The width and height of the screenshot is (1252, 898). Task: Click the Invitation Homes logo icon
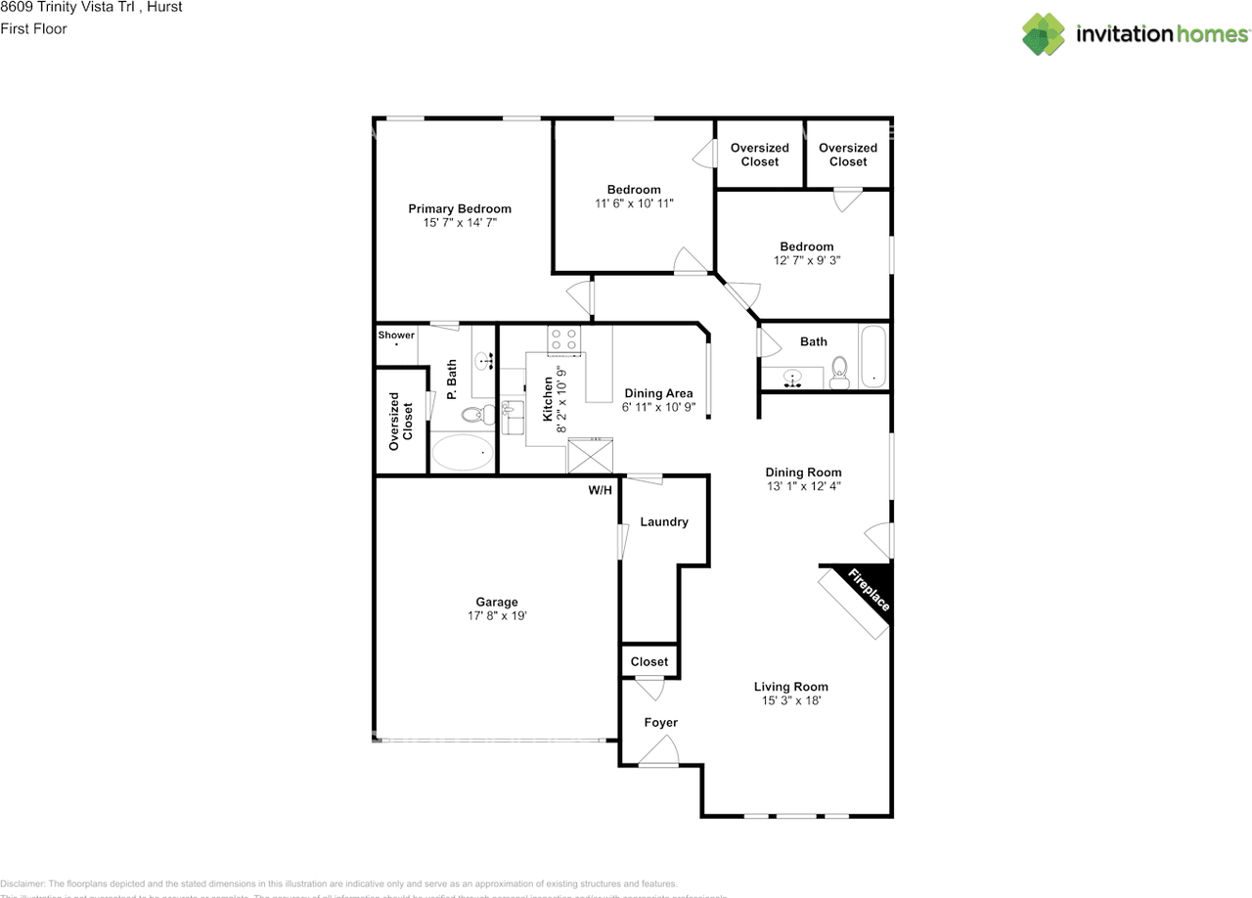point(1045,34)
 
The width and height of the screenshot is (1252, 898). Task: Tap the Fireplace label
point(869,590)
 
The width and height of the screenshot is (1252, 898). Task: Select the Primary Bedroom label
point(460,208)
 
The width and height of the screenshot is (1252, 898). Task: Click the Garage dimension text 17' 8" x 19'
point(497,616)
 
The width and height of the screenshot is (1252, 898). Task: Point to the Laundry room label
point(664,521)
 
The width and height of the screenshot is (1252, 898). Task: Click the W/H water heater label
point(600,490)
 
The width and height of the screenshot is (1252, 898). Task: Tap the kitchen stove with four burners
point(563,338)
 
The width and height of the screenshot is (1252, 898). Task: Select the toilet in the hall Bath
point(838,372)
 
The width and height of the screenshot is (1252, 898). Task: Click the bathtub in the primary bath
point(463,451)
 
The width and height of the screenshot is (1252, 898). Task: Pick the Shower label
point(396,335)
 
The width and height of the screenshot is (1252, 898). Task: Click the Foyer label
point(660,722)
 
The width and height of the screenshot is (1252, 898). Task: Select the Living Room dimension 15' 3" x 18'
point(790,700)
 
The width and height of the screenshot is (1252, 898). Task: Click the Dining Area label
point(658,393)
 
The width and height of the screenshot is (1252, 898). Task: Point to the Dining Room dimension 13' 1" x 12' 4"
point(803,486)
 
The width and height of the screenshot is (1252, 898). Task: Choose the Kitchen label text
point(547,399)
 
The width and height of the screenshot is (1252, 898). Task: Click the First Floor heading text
point(34,28)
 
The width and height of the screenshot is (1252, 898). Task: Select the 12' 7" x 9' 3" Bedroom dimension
point(807,260)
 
